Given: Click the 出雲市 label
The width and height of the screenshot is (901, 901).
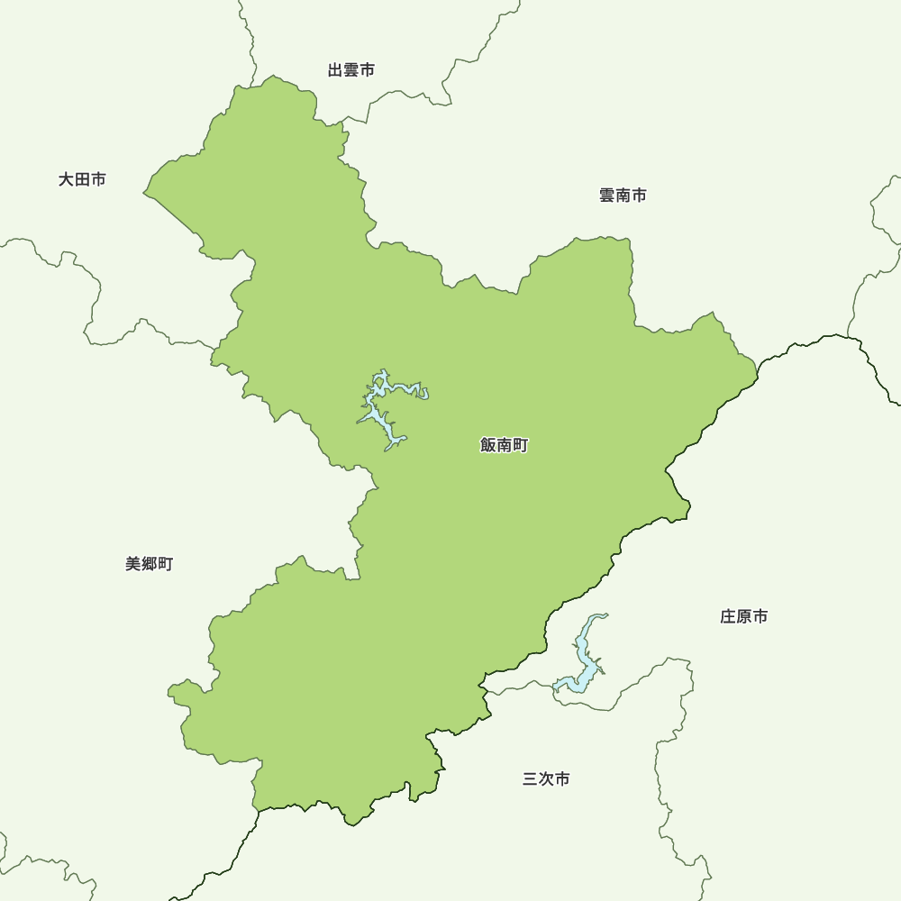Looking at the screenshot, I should (x=351, y=70).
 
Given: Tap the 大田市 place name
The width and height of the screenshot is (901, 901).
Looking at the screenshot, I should (x=82, y=180).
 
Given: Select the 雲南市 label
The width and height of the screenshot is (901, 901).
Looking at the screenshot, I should (x=623, y=196).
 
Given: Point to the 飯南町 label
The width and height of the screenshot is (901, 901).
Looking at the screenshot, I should (x=505, y=445).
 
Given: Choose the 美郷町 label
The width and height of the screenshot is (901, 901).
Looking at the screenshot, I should (x=149, y=564).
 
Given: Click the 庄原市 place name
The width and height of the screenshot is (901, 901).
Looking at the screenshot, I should (x=744, y=617).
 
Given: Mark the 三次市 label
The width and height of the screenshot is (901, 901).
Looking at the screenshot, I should (x=546, y=779).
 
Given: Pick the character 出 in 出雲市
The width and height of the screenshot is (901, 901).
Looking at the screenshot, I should (x=336, y=70).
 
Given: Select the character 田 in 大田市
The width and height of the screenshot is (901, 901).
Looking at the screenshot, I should (x=82, y=180).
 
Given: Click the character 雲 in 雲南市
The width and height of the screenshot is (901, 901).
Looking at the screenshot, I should (x=607, y=196).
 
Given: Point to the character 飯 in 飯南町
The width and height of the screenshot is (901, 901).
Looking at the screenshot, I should (x=489, y=445).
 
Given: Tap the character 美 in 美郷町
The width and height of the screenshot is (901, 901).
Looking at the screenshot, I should (x=133, y=564).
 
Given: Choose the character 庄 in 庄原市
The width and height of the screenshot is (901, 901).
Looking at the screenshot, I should (x=729, y=617).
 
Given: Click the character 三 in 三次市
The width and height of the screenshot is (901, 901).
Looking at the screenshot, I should (x=531, y=779).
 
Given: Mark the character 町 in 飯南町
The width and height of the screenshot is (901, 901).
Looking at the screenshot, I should (x=520, y=445).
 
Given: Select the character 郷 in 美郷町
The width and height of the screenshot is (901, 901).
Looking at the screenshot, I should (x=149, y=564).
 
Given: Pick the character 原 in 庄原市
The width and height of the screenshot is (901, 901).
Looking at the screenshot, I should (x=744, y=617).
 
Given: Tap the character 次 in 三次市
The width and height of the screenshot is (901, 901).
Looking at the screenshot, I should (x=546, y=779).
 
